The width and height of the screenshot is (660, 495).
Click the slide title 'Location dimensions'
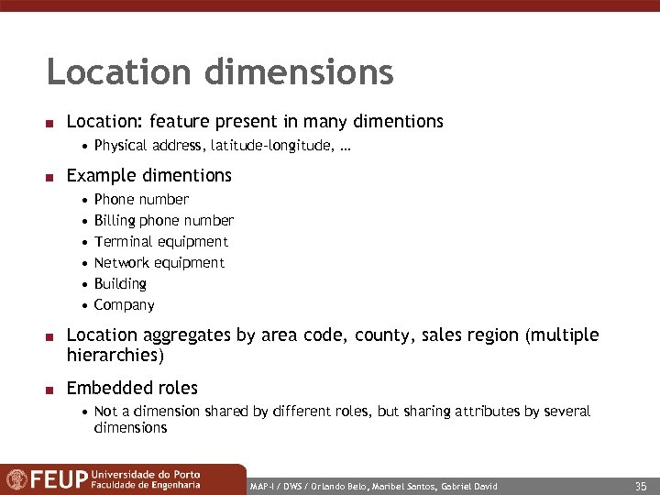(x=220, y=72)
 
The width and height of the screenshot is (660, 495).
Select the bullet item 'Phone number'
(x=141, y=200)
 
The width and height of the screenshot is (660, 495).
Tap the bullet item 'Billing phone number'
(x=163, y=221)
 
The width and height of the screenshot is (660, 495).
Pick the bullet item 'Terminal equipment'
(x=160, y=242)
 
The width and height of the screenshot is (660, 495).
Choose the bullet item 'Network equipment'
(x=159, y=263)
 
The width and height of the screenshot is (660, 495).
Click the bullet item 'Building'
(x=120, y=284)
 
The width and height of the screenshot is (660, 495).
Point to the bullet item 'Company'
(x=124, y=305)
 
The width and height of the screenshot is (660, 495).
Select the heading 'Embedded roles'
(x=132, y=388)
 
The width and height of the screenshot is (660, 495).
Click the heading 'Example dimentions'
(x=149, y=175)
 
